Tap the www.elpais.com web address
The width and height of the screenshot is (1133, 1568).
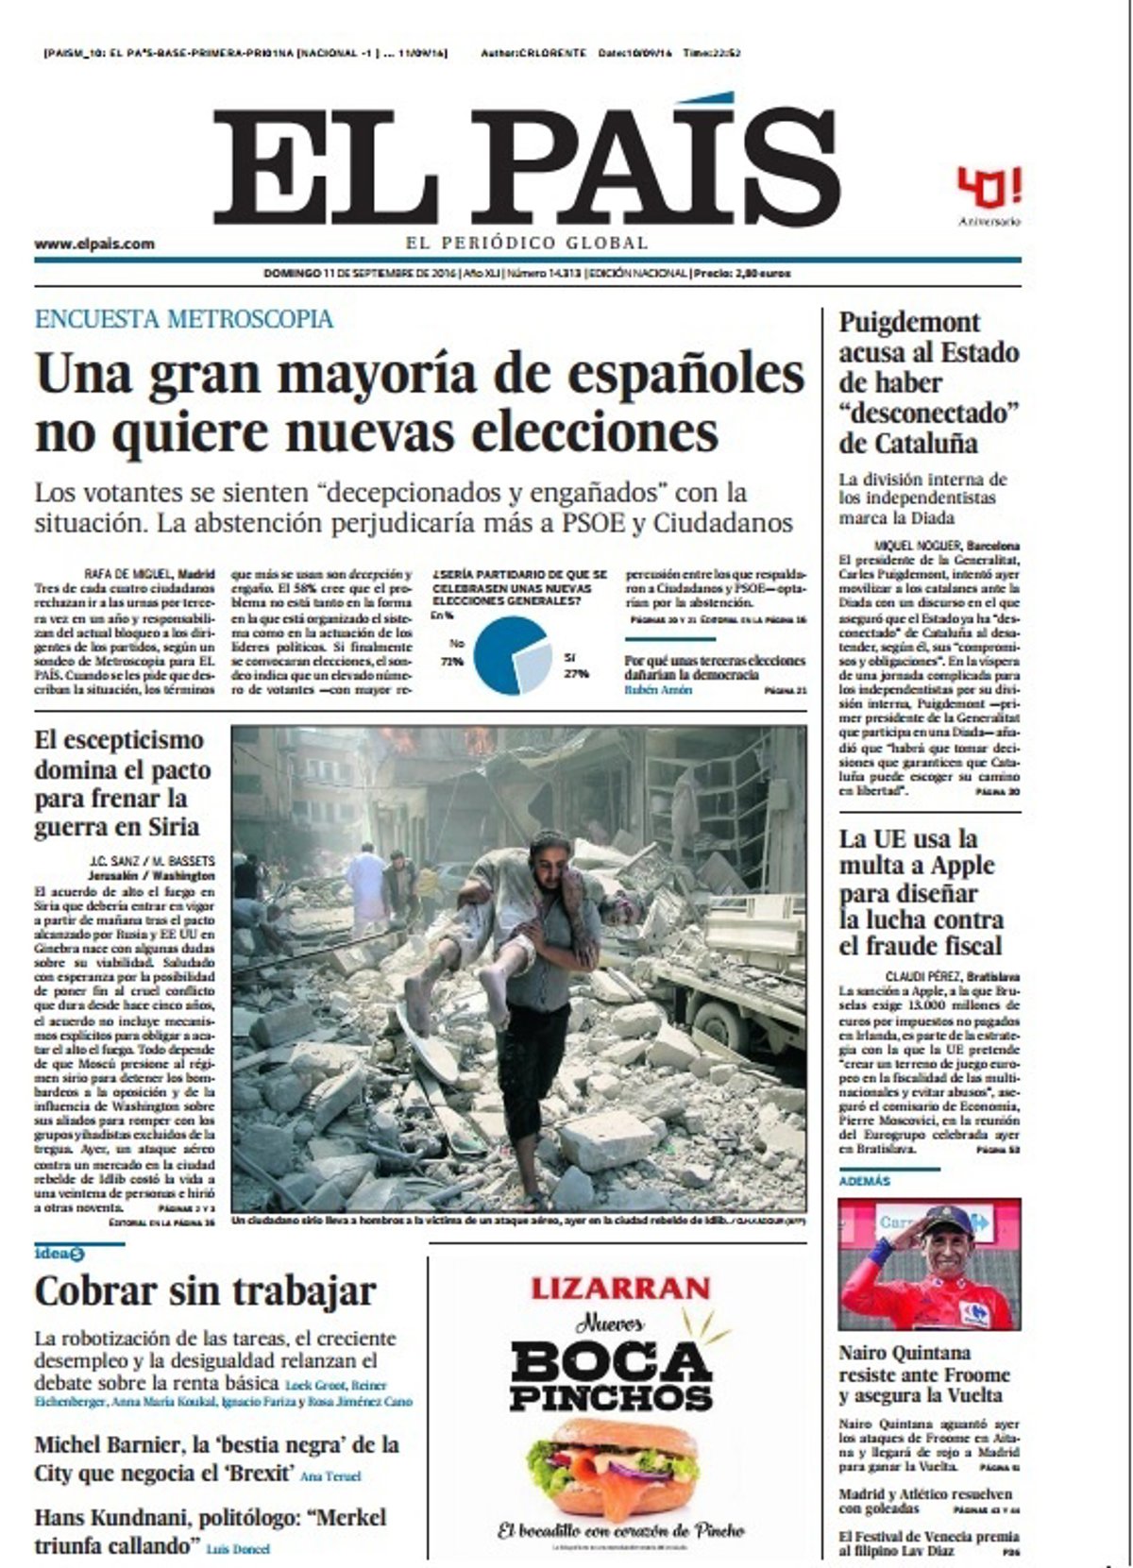[x=94, y=244]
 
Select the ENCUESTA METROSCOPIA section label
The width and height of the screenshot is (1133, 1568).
[x=184, y=319]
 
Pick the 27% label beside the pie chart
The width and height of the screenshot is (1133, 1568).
[x=576, y=673]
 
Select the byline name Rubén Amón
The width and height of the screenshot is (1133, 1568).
[x=658, y=690]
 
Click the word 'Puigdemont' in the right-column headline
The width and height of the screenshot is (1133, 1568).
[x=910, y=322]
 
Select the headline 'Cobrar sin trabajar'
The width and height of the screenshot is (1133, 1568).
[x=206, y=1290]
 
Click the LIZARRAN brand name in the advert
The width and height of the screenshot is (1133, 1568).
[x=620, y=1288]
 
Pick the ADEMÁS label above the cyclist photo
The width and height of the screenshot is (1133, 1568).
[x=865, y=1181]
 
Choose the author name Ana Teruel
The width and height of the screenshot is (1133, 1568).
[x=330, y=1475]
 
